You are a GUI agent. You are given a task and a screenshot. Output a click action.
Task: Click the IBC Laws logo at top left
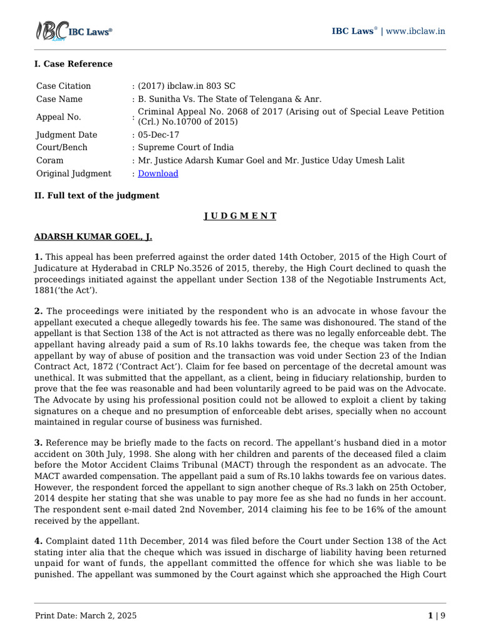pyautogui.click(x=73, y=31)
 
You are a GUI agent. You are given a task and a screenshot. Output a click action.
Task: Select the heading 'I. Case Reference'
pyautogui.click(x=73, y=64)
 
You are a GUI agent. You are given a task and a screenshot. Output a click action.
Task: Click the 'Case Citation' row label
pyautogui.click(x=63, y=86)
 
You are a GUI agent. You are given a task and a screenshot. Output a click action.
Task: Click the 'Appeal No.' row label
pyautogui.click(x=59, y=116)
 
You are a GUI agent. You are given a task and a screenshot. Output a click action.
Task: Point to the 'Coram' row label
pyautogui.click(x=50, y=160)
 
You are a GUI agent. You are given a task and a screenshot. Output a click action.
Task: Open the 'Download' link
pyautogui.click(x=158, y=173)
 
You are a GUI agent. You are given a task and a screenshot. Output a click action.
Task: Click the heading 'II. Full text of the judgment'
pyautogui.click(x=96, y=195)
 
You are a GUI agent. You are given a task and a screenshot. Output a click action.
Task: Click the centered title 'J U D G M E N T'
pyautogui.click(x=240, y=216)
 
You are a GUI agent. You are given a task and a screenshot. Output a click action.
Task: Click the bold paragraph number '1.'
pyautogui.click(x=38, y=257)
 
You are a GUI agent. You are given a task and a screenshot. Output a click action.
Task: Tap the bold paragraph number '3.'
pyautogui.click(x=38, y=443)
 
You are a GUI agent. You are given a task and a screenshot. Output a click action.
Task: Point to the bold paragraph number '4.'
pyautogui.click(x=38, y=541)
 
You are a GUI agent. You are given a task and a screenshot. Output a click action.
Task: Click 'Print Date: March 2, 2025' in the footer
pyautogui.click(x=85, y=615)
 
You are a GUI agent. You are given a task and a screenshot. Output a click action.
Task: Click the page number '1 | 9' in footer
pyautogui.click(x=437, y=615)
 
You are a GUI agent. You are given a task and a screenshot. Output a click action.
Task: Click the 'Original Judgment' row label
pyautogui.click(x=73, y=173)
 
